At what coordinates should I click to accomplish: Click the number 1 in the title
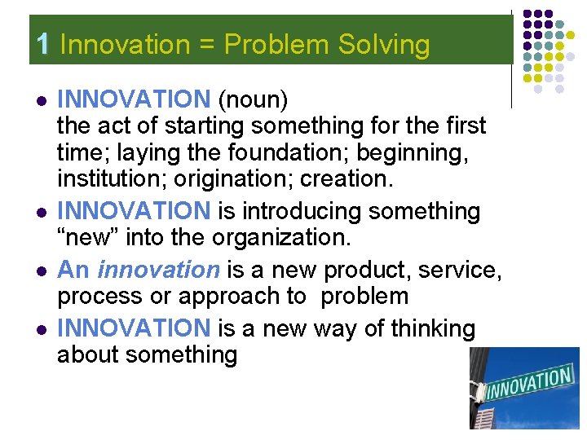pyautogui.click(x=44, y=44)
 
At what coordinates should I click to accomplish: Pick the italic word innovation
pyautogui.click(x=158, y=270)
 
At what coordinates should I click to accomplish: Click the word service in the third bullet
pyautogui.click(x=452, y=270)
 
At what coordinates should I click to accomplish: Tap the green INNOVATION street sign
pyautogui.click(x=527, y=384)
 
